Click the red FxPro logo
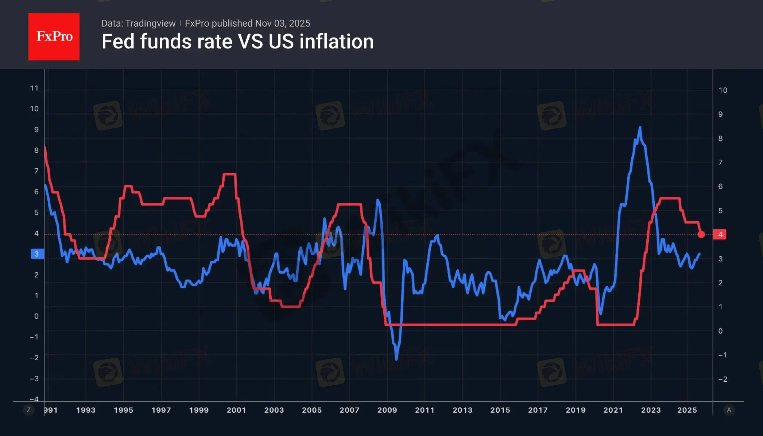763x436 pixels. point(54,36)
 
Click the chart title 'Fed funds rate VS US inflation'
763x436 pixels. point(237,41)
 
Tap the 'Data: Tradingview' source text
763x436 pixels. point(138,23)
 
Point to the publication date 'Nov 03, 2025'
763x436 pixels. point(283,23)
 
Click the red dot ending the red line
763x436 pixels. point(701,234)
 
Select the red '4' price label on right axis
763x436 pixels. point(720,234)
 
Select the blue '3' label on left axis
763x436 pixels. point(36,254)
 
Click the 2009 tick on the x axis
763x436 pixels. point(387,410)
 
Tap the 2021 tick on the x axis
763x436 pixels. point(613,410)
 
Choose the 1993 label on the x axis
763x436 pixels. point(86,410)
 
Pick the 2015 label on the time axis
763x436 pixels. point(500,410)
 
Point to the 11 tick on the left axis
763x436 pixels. point(34,88)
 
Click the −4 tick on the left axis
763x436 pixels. point(34,399)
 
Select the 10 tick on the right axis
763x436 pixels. point(723,90)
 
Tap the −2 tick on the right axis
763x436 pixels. point(723,379)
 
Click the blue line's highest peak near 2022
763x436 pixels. point(640,128)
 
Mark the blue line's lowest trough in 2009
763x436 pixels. point(396,359)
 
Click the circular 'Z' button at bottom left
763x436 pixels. point(28,410)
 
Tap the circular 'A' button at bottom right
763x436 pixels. point(729,410)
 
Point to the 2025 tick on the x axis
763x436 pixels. point(687,410)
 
